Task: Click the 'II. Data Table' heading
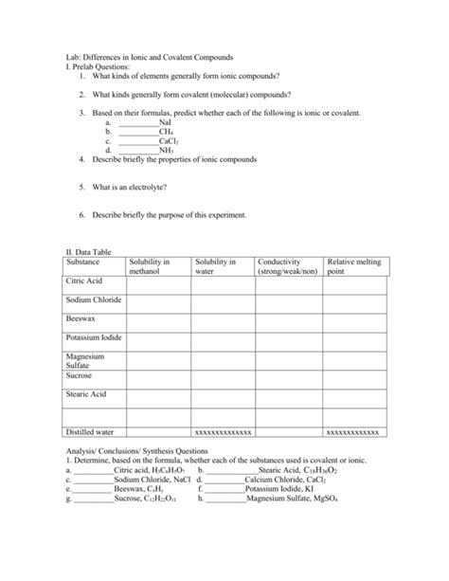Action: pos(85,253)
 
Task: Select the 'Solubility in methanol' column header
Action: pos(149,266)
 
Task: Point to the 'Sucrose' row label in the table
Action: pos(80,375)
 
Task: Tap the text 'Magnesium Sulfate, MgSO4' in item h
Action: pos(296,498)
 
